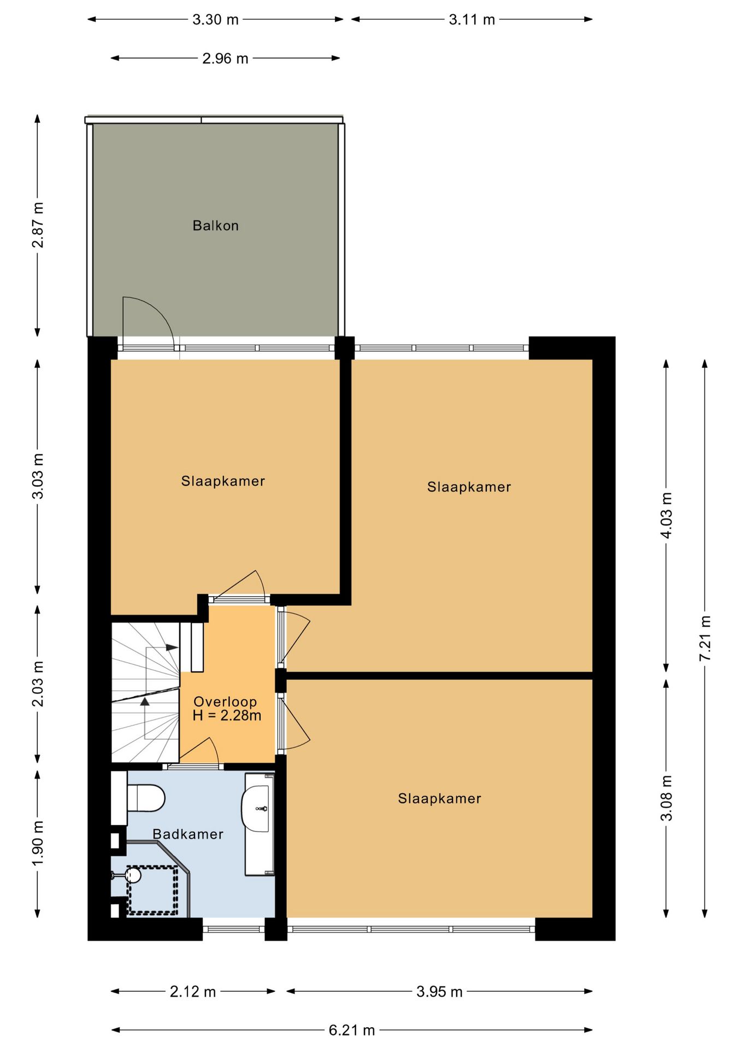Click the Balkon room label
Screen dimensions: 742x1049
click(x=215, y=226)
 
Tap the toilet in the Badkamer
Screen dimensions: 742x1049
click(x=145, y=798)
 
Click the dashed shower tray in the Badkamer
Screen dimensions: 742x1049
click(x=152, y=891)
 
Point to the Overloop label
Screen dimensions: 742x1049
click(x=225, y=702)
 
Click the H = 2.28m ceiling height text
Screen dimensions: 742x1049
click(x=227, y=715)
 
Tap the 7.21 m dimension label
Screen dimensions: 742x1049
click(x=705, y=638)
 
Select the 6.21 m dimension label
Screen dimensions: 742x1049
click(x=352, y=1030)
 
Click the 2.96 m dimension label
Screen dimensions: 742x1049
click(x=225, y=58)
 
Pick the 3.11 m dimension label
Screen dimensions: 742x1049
click(x=472, y=20)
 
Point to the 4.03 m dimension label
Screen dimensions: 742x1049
click(x=667, y=515)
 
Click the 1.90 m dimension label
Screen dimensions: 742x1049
click(x=38, y=843)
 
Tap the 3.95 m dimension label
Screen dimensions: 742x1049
click(x=439, y=992)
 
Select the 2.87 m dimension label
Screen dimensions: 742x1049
click(x=38, y=225)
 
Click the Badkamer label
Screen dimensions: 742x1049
click(x=188, y=834)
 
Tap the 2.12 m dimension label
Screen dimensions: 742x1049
click(x=193, y=992)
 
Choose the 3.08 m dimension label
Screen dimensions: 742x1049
click(x=667, y=798)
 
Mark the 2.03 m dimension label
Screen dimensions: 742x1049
click(x=38, y=683)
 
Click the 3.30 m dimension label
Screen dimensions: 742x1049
click(x=215, y=20)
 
